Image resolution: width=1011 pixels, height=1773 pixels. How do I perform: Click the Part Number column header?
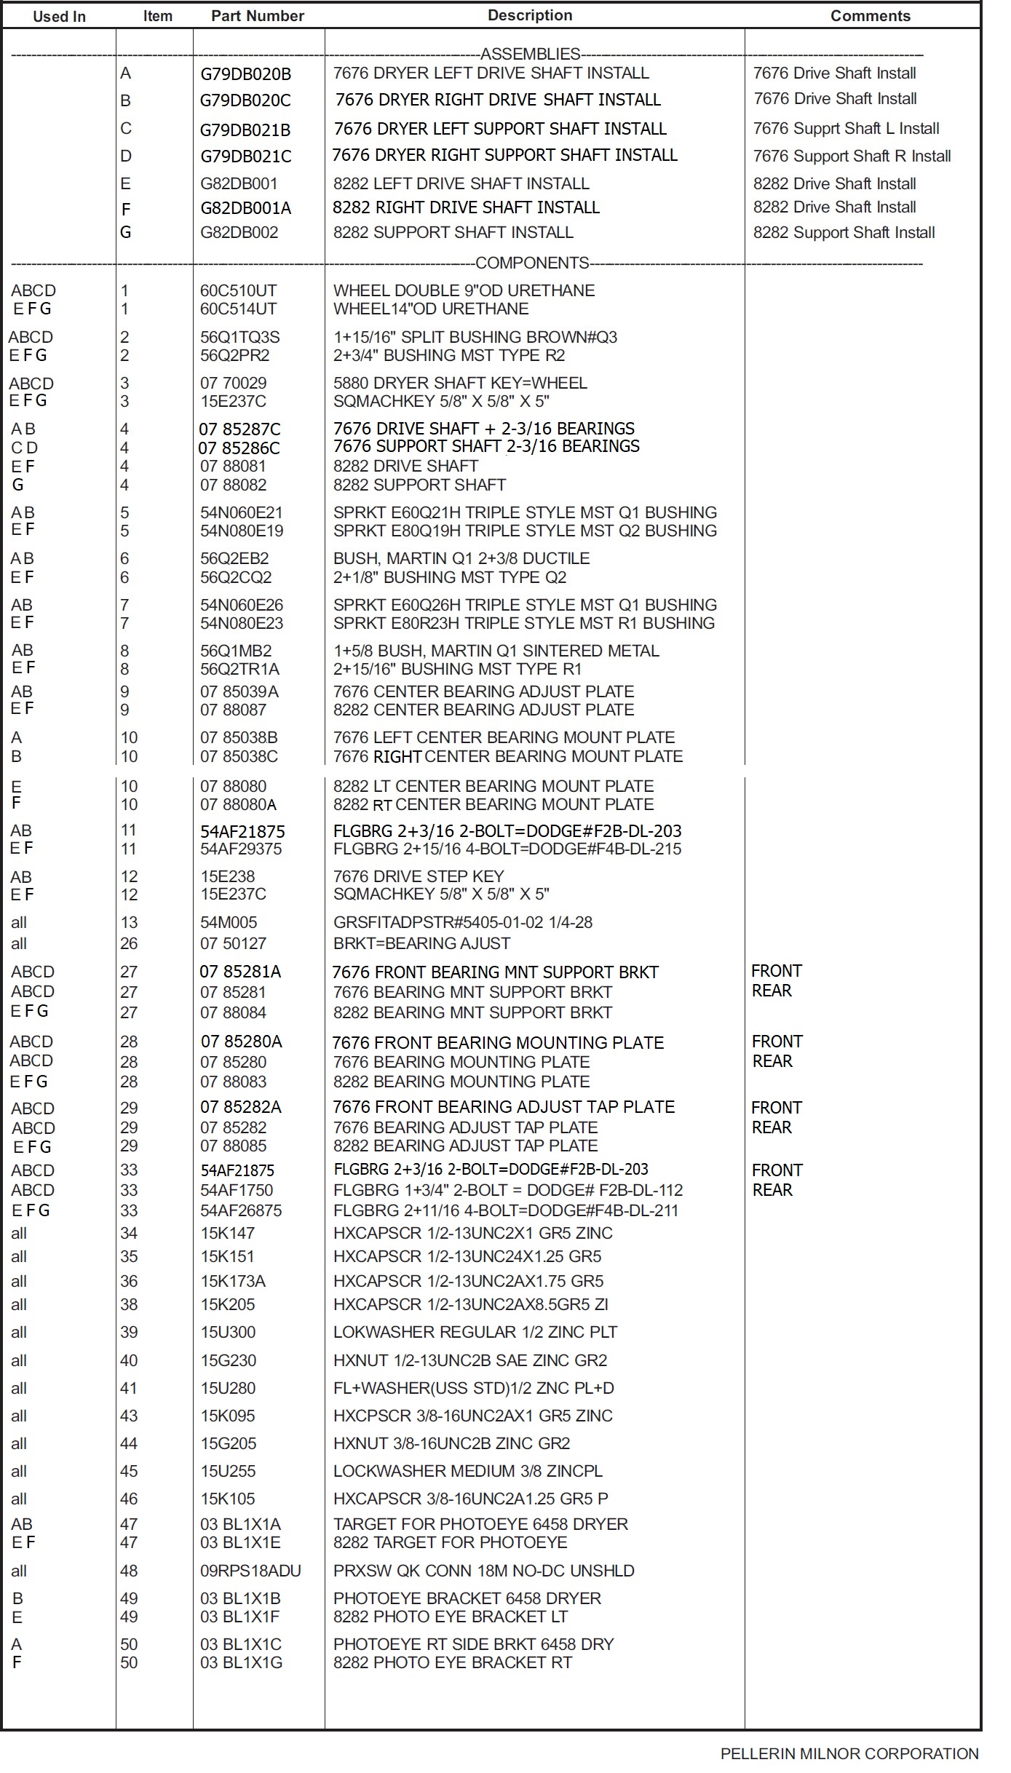pyautogui.click(x=257, y=16)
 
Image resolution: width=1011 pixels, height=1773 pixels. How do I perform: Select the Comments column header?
pyautogui.click(x=870, y=16)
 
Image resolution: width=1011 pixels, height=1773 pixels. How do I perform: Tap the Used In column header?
pyautogui.click(x=59, y=17)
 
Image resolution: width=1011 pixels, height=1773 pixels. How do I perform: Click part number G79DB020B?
pyautogui.click(x=245, y=74)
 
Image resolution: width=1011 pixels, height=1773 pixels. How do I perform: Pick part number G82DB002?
pyautogui.click(x=239, y=233)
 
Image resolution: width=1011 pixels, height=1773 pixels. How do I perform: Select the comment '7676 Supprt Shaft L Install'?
pyautogui.click(x=846, y=129)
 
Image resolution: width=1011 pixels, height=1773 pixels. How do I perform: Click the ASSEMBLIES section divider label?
pyautogui.click(x=530, y=54)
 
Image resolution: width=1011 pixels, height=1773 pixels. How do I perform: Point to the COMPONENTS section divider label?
pyautogui.click(x=532, y=263)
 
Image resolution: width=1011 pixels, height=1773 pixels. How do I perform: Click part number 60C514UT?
pyautogui.click(x=238, y=309)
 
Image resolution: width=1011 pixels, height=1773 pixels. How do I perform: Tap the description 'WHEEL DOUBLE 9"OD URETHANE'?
pyautogui.click(x=464, y=290)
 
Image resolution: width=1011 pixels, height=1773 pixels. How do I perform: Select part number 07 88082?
pyautogui.click(x=233, y=485)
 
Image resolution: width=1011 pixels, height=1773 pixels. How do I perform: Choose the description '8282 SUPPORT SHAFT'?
pyautogui.click(x=419, y=485)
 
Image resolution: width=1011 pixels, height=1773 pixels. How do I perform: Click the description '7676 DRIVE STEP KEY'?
pyautogui.click(x=419, y=876)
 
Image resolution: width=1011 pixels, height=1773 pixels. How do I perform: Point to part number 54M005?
pyautogui.click(x=229, y=923)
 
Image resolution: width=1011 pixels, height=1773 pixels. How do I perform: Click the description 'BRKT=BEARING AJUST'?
pyautogui.click(x=421, y=943)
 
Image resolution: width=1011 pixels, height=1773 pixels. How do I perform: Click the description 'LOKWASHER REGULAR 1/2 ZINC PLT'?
pyautogui.click(x=475, y=1332)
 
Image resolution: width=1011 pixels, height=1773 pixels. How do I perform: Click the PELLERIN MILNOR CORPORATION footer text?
pyautogui.click(x=849, y=1753)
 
